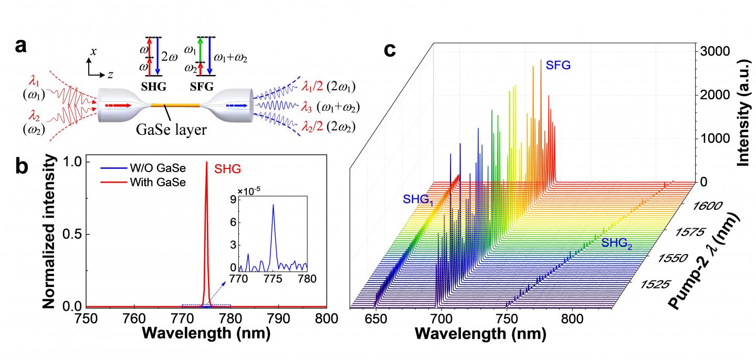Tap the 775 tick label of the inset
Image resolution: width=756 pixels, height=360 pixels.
[272, 278]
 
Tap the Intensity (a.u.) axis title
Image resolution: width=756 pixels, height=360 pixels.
[742, 105]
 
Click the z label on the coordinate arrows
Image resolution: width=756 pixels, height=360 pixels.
[110, 75]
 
